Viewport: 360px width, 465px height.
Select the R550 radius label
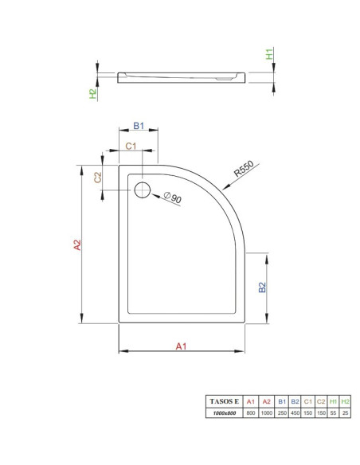244,169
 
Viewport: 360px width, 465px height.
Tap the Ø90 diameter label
173,197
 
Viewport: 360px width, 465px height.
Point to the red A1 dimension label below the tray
181,346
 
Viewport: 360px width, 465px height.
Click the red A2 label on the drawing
77,245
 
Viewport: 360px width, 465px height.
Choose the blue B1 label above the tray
139,126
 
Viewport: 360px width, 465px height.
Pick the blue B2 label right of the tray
263,287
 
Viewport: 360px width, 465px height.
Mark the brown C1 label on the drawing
131,146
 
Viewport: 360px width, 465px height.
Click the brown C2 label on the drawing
97,178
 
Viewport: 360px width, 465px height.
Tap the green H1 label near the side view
269,54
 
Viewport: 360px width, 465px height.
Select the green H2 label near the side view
93,94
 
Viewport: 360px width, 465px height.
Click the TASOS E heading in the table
224,401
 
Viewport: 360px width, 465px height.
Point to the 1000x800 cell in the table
224,413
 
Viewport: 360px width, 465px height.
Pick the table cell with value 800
251,412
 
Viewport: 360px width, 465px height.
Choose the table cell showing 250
282,412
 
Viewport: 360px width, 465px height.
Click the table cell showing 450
295,412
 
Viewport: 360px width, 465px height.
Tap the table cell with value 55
333,412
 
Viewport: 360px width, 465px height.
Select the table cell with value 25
345,412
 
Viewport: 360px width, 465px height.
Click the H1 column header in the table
333,401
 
